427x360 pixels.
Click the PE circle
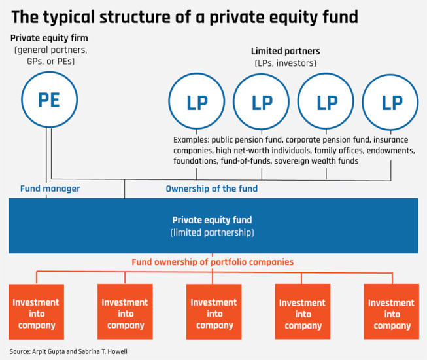[48, 100]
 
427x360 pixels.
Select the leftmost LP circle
[197, 102]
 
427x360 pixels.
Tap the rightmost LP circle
[391, 102]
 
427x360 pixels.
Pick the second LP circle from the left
[262, 102]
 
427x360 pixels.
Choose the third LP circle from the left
[326, 102]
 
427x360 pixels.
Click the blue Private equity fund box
[213, 226]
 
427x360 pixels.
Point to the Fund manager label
[50, 189]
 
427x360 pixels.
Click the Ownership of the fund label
[211, 189]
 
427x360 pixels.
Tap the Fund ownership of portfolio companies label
[213, 262]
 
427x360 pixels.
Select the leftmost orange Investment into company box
[36, 313]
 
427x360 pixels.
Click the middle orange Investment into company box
[213, 313]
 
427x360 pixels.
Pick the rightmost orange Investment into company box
[391, 313]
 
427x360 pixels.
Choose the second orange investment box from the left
[124, 313]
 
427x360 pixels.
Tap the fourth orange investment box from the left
[302, 313]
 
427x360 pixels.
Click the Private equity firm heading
[49, 38]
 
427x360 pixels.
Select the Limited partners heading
[285, 51]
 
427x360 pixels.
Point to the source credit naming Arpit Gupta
[69, 351]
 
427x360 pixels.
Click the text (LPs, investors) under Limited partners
[285, 63]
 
